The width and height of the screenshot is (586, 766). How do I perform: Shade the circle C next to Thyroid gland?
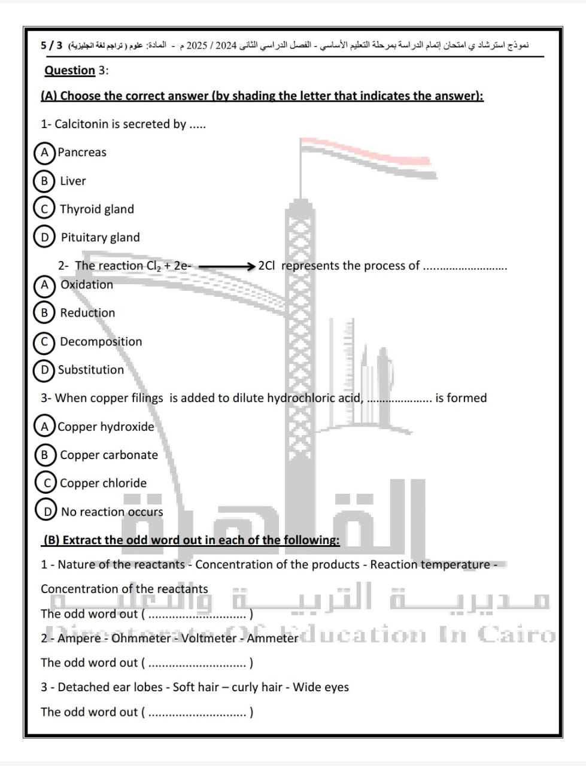click(x=44, y=209)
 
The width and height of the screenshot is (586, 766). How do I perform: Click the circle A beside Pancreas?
click(x=44, y=152)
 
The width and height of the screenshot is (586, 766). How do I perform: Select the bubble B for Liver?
click(x=44, y=181)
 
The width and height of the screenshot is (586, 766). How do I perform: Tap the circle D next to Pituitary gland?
click(x=44, y=237)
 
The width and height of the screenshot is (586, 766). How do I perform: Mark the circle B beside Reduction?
click(x=44, y=312)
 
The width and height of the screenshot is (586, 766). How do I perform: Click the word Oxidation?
click(x=87, y=284)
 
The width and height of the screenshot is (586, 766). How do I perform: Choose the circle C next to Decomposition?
click(x=44, y=342)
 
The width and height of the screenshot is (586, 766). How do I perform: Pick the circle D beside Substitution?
click(x=44, y=370)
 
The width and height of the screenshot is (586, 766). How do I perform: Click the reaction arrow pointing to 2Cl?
click(x=227, y=266)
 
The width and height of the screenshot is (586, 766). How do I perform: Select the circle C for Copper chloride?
click(x=46, y=483)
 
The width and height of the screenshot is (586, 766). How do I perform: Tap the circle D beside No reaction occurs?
click(x=47, y=512)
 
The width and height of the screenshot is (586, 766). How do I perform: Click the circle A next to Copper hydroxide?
click(x=45, y=427)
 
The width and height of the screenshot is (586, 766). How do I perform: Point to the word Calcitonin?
click(x=81, y=124)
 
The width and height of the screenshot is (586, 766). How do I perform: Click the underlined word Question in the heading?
click(x=69, y=70)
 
